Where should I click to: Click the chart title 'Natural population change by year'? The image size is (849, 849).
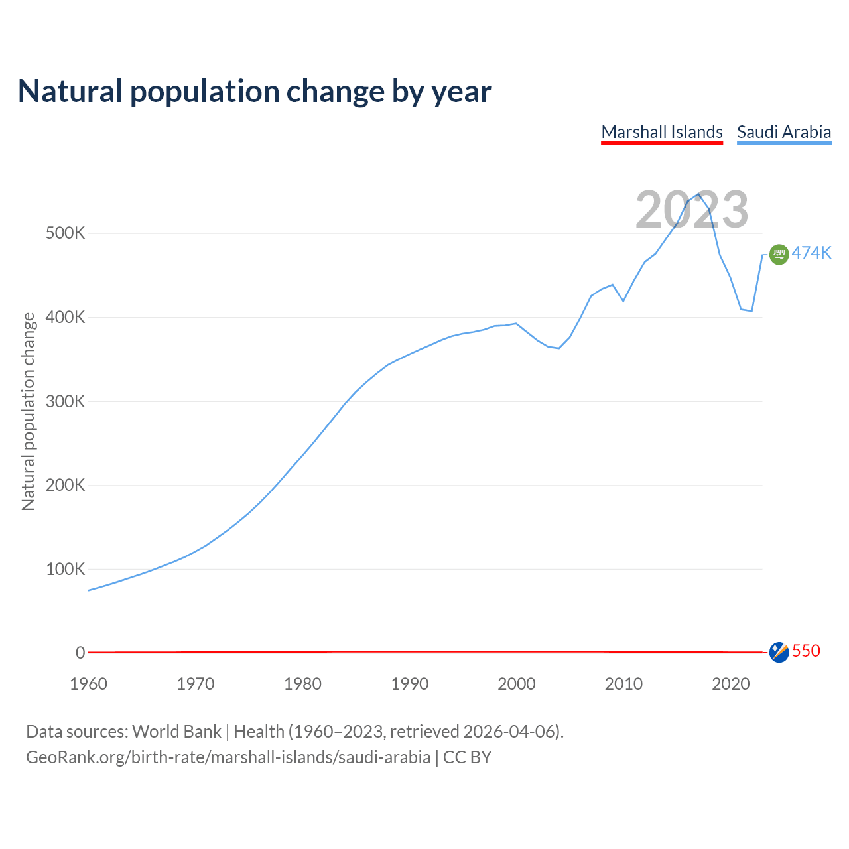(255, 92)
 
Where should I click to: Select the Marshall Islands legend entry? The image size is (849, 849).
(662, 132)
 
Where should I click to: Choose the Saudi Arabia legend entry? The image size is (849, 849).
(784, 132)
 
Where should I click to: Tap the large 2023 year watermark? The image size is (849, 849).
(692, 210)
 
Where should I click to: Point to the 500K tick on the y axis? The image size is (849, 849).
(66, 233)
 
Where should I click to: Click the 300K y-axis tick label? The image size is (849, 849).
(66, 401)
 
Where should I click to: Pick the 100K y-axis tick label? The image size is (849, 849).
(66, 569)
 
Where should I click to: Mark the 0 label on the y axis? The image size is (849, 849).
(80, 653)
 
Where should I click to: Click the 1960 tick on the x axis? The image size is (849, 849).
(88, 684)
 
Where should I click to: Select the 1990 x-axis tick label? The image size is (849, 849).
(409, 684)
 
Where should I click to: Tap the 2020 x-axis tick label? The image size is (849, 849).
(730, 684)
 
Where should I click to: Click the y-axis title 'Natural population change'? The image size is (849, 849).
(29, 412)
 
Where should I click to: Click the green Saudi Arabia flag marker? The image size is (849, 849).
(779, 254)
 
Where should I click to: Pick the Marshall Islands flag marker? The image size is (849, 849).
(779, 652)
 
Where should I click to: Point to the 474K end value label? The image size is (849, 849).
(811, 253)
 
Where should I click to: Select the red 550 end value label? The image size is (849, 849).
(806, 651)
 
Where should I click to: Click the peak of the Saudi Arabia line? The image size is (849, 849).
(698, 194)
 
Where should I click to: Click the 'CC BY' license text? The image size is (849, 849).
(467, 757)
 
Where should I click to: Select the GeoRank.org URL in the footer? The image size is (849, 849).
(228, 757)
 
